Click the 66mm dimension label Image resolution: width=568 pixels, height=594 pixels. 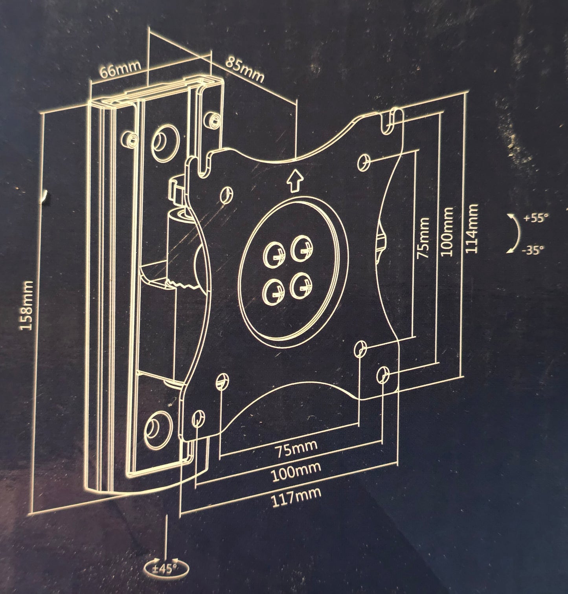[x=120, y=70]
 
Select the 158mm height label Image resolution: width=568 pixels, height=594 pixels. [x=27, y=305]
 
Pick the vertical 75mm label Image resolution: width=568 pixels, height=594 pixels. [x=423, y=238]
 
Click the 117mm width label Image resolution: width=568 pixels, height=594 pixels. [x=296, y=497]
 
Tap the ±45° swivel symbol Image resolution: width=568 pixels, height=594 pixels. [x=167, y=568]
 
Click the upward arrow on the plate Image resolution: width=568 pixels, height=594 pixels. [x=294, y=181]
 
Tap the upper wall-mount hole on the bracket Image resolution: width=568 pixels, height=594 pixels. [x=164, y=139]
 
